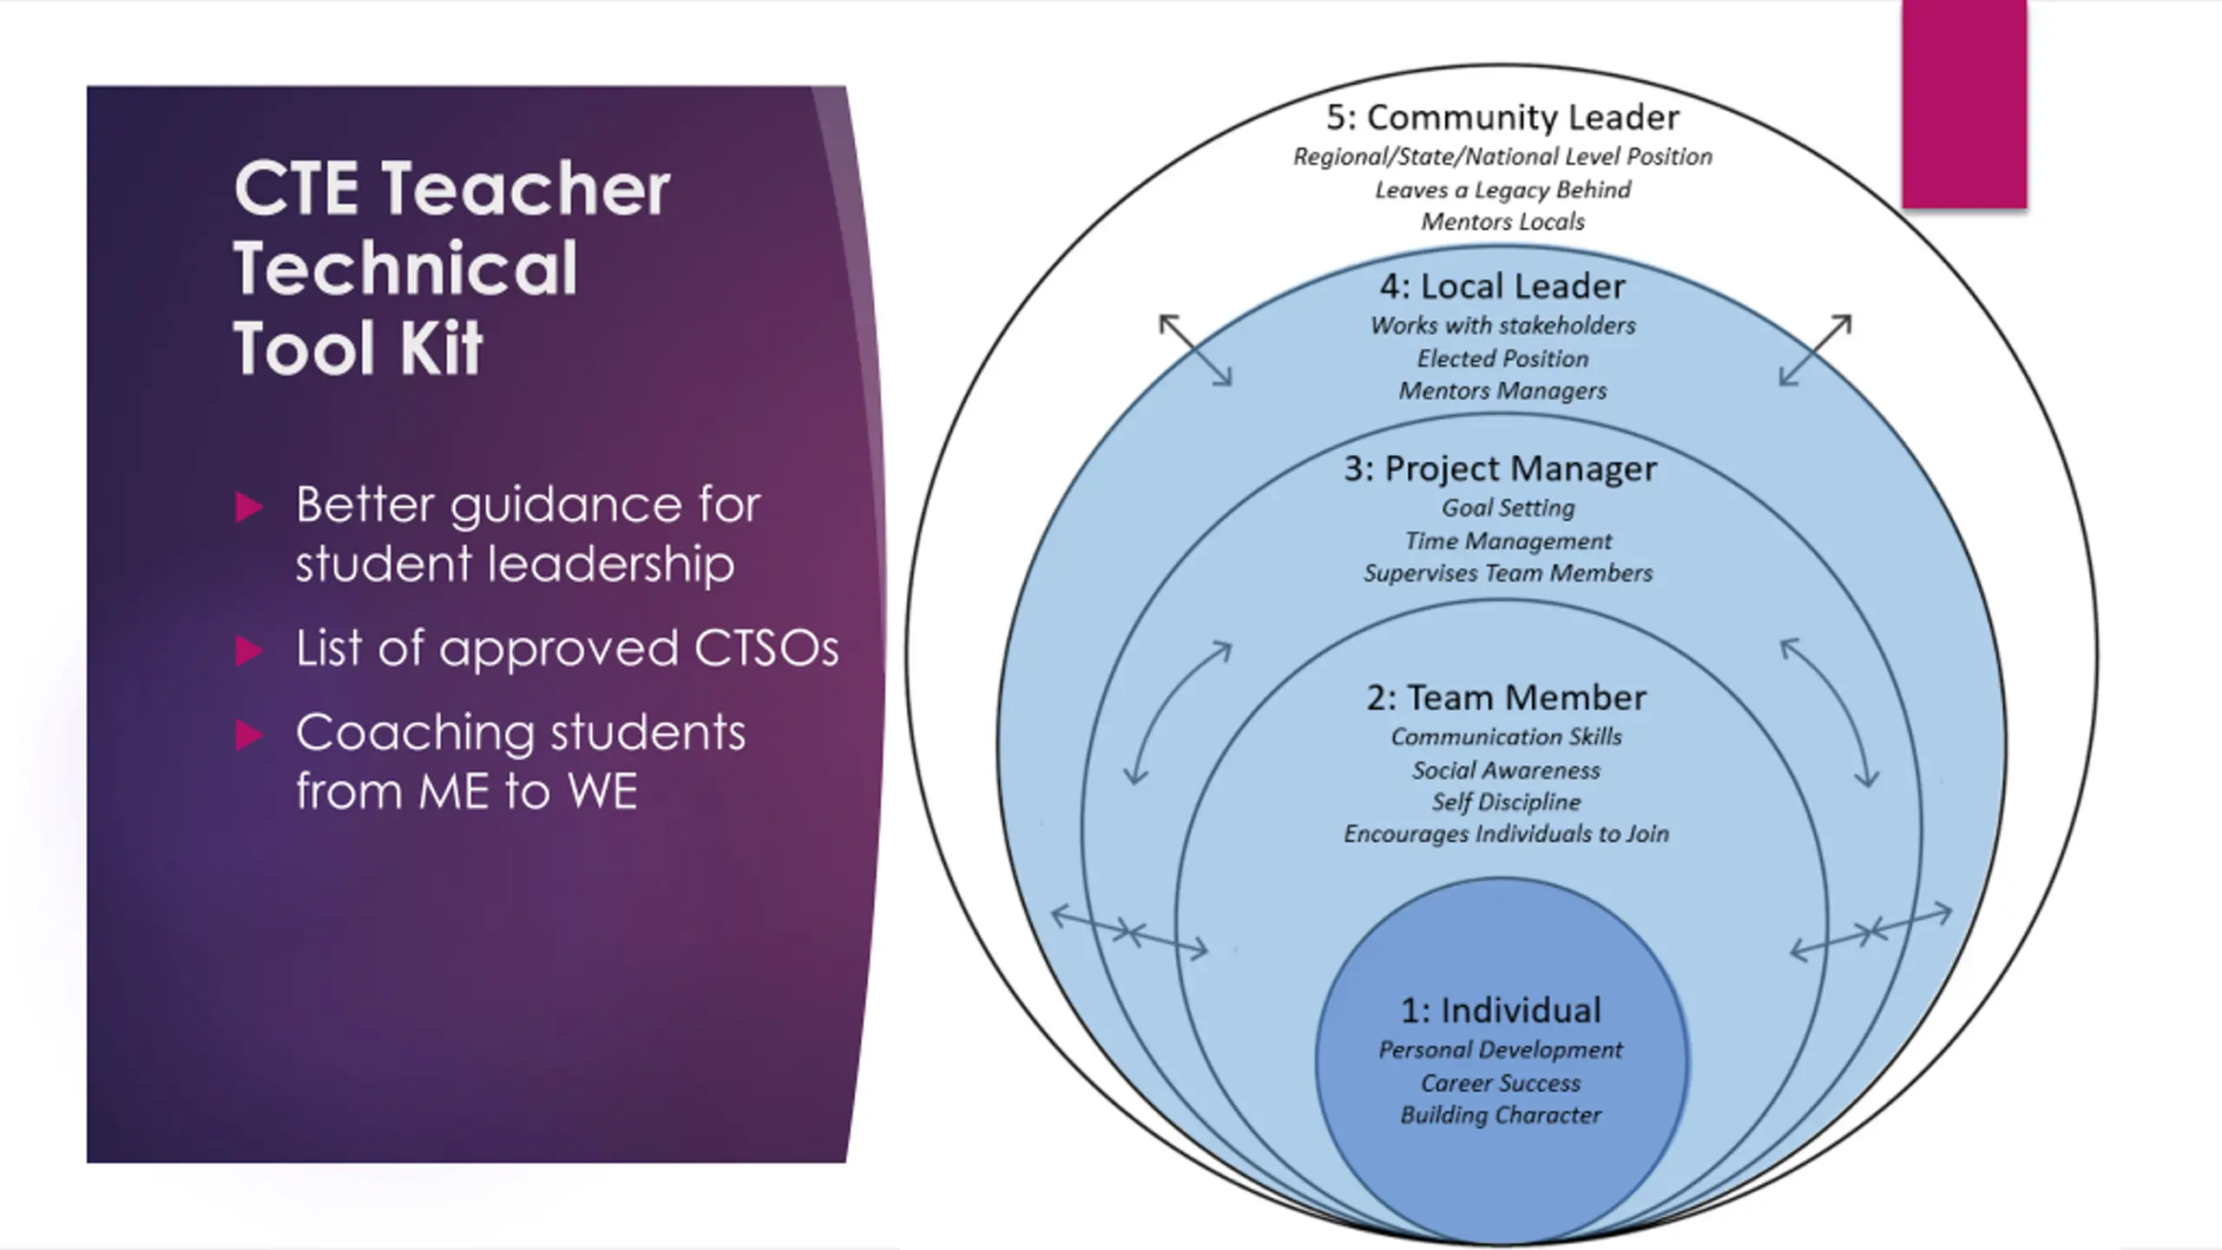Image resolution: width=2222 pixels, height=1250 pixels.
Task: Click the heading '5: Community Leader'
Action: click(x=1502, y=118)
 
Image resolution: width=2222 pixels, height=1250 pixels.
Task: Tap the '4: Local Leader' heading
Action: click(x=1502, y=286)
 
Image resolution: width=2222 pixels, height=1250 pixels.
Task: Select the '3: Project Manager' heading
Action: click(x=1501, y=469)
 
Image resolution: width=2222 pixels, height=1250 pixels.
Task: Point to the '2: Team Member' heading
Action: click(x=1506, y=698)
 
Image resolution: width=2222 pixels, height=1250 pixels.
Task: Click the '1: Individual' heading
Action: click(x=1501, y=1010)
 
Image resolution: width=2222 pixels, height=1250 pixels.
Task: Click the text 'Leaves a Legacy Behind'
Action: click(x=1502, y=189)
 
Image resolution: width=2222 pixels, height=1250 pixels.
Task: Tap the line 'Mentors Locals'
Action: click(x=1502, y=222)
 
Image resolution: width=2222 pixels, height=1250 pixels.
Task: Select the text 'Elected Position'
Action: click(x=1502, y=359)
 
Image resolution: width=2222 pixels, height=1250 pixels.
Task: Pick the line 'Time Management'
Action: click(x=1508, y=541)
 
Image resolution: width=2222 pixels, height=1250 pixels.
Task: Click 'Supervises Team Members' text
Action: click(x=1508, y=573)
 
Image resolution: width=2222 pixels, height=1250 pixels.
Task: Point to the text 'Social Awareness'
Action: click(x=1506, y=770)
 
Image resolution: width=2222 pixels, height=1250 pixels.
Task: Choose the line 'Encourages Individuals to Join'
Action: click(x=1506, y=834)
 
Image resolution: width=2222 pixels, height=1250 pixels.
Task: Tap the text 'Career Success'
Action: click(x=1501, y=1083)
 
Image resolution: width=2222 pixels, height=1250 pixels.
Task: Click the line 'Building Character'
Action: click(x=1501, y=1115)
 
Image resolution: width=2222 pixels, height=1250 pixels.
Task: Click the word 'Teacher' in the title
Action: click(x=525, y=188)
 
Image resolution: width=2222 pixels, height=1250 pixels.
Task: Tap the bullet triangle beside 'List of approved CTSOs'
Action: click(x=248, y=650)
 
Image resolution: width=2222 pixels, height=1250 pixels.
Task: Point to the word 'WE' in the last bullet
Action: click(x=602, y=791)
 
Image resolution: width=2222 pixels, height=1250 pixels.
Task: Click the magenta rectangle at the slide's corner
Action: click(x=1964, y=104)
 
